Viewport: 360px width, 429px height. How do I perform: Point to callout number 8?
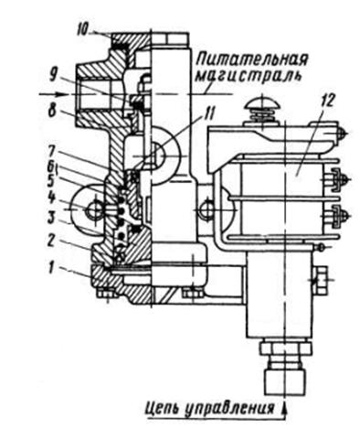(53, 111)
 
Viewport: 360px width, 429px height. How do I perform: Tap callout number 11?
(208, 115)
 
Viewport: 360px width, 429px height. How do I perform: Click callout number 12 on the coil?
(327, 99)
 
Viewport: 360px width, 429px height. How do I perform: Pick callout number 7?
(53, 152)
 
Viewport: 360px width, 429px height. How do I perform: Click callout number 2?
(53, 241)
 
